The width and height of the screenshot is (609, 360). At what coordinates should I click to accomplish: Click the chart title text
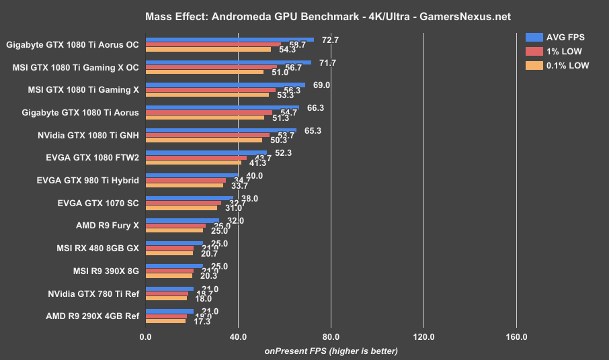304,15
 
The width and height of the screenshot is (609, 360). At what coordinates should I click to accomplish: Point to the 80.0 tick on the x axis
330,336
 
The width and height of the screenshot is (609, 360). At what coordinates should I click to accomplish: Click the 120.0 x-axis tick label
423,336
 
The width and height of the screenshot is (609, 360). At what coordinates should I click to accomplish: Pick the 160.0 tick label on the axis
516,336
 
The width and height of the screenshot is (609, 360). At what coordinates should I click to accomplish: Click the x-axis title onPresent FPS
331,351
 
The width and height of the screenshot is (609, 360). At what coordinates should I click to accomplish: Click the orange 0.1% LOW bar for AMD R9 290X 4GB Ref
166,321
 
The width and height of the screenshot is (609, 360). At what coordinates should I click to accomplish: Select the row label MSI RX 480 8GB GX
97,248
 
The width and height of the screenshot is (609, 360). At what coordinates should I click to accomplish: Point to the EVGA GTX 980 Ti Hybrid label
89,180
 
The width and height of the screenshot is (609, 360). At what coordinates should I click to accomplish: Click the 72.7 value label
331,40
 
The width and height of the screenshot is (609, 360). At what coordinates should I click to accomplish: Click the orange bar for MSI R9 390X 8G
169,276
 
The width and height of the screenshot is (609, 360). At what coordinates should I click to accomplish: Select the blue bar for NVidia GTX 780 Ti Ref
170,289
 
